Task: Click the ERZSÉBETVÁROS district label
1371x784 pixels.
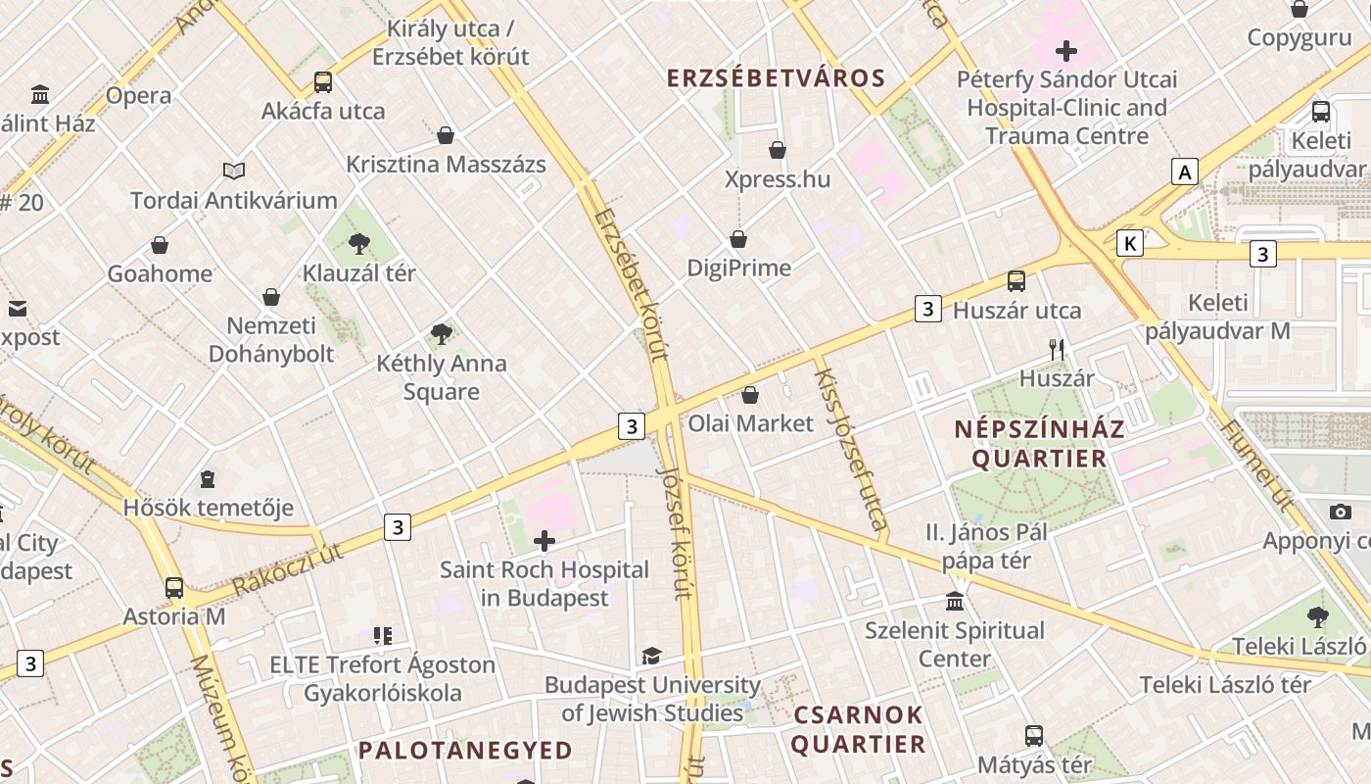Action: point(776,78)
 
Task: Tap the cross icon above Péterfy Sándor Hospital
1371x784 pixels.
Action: point(1066,50)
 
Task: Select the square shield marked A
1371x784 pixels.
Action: point(1185,172)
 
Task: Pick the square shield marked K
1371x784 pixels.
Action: point(1130,243)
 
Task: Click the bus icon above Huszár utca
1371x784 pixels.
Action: point(1016,281)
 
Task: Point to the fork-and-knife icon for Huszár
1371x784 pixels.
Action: point(1056,349)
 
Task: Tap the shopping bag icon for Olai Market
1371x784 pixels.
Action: point(750,395)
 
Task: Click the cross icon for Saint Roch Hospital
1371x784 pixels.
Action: point(544,540)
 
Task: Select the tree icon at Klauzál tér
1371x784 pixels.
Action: point(359,243)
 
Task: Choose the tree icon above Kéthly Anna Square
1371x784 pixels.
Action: point(442,333)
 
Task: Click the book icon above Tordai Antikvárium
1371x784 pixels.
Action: point(233,171)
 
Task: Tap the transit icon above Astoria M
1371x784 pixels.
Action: point(174,588)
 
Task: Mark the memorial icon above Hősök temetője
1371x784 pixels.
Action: point(208,479)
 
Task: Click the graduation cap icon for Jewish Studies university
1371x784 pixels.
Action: point(651,656)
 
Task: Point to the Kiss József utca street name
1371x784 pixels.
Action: point(851,449)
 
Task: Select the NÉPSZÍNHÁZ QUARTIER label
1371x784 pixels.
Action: point(1039,443)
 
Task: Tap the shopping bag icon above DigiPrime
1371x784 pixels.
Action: point(738,239)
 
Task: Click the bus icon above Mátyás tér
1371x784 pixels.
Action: point(1034,735)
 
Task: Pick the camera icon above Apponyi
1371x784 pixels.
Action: point(1341,512)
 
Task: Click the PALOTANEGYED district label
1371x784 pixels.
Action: point(465,751)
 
